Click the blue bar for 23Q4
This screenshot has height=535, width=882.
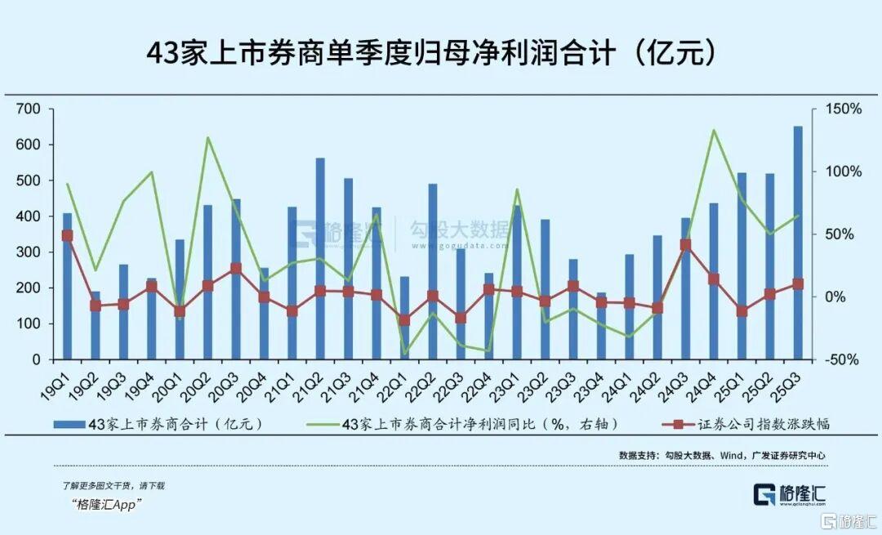(x=601, y=326)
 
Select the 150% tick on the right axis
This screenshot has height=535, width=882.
(x=840, y=109)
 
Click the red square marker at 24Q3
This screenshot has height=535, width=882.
(x=686, y=244)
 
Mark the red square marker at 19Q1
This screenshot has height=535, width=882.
(x=68, y=235)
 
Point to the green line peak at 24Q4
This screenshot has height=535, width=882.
(x=714, y=130)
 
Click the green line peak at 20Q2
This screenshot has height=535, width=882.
(x=207, y=137)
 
